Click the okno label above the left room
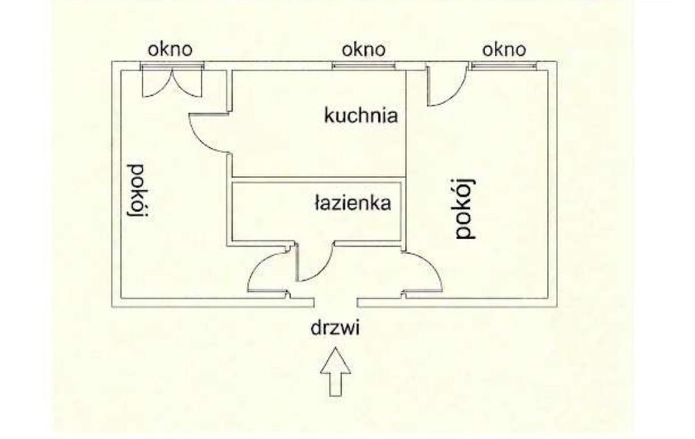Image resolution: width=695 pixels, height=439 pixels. pos(170,49)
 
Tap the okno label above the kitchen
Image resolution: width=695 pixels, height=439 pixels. pos(364,49)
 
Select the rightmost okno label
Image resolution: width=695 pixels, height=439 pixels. pos(504,49)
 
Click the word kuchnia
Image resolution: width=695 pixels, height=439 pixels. pos(361,115)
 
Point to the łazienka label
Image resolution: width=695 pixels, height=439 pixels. pos(353,202)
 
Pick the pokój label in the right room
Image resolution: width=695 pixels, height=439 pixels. pos(466,208)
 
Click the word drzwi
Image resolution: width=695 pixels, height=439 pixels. pos(335,329)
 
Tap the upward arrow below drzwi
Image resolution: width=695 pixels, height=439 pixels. pos(336,371)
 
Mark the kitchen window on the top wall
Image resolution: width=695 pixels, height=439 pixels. pos(364,66)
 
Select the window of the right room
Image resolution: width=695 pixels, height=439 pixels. pos(504,66)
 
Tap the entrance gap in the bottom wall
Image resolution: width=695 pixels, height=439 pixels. pos(336,303)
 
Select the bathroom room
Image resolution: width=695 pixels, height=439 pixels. pos(316,211)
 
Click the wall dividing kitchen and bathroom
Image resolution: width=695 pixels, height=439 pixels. pos(318,179)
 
